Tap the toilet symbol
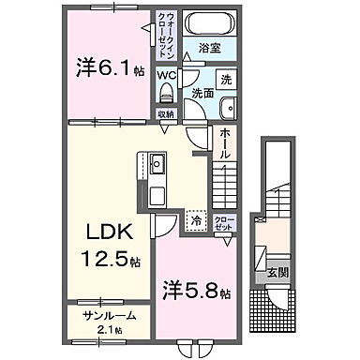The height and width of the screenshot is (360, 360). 167,91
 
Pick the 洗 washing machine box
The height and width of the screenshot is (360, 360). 225,80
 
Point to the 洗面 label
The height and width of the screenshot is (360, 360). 205,94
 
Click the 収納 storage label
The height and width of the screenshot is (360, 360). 166,113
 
